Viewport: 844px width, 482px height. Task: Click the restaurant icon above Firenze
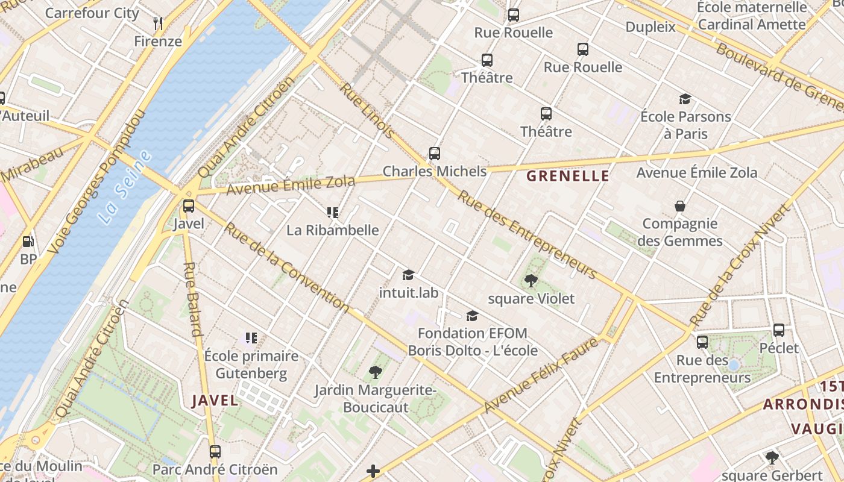(x=158, y=23)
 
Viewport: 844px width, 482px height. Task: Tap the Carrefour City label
(x=92, y=13)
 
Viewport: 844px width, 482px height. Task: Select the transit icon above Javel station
(x=189, y=206)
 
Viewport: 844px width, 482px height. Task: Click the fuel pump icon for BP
(x=28, y=242)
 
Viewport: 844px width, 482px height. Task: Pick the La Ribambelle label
(x=332, y=230)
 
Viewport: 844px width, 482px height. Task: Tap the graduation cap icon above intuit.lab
(x=408, y=275)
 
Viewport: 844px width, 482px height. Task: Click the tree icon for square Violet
(x=531, y=280)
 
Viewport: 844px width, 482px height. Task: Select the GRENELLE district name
(x=568, y=176)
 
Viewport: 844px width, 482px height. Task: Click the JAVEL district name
(x=215, y=400)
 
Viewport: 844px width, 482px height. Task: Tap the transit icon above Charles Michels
(x=434, y=154)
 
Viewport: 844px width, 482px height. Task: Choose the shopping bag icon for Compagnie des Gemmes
(x=680, y=206)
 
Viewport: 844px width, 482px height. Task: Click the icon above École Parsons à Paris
(x=685, y=99)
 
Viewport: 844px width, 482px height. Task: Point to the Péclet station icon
(x=779, y=330)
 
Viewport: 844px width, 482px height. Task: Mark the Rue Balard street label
(x=192, y=299)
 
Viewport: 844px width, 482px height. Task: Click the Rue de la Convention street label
(x=286, y=267)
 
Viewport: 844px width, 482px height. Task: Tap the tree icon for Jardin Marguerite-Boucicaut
(x=375, y=372)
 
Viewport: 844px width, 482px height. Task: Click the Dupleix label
(x=650, y=27)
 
